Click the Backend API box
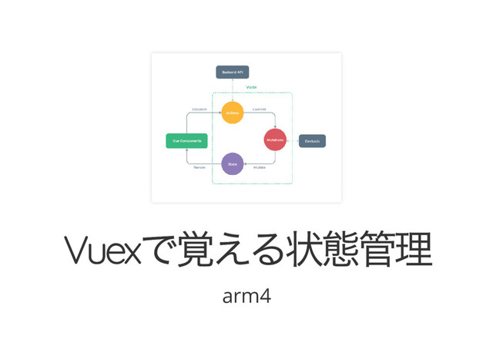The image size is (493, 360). tap(232, 72)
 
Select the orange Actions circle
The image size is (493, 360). tap(232, 113)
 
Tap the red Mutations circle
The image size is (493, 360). tap(275, 140)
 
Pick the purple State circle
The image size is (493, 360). tap(232, 163)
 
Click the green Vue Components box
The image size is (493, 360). tap(186, 141)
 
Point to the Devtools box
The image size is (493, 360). tap(312, 141)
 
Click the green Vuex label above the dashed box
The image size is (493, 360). tap(251, 88)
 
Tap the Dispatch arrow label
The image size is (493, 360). tap(199, 109)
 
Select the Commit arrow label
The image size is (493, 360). tap(260, 109)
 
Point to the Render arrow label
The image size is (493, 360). tap(199, 167)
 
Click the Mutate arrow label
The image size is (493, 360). tap(260, 167)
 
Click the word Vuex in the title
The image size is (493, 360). tap(102, 250)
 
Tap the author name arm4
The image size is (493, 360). tap(246, 295)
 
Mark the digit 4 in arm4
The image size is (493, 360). tap(265, 295)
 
